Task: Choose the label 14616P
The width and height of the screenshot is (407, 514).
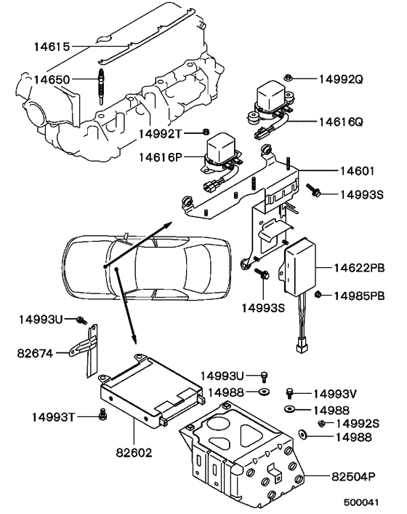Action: tap(162, 156)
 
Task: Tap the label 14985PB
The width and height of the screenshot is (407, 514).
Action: tap(359, 295)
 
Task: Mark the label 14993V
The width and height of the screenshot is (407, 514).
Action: tap(337, 394)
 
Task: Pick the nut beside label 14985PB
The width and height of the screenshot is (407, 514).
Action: tap(318, 295)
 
